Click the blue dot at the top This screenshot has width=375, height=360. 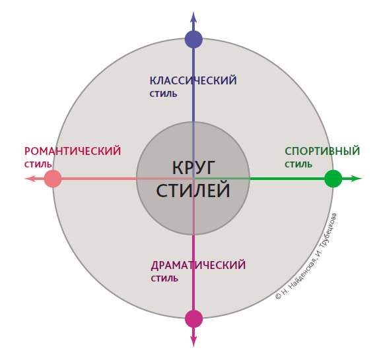click(193, 40)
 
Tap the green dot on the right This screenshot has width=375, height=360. click(333, 179)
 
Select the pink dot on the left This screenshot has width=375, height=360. click(53, 179)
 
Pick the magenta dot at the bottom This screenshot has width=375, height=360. click(193, 319)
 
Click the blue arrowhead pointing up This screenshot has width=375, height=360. click(193, 17)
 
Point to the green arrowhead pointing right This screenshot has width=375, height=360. click(357, 179)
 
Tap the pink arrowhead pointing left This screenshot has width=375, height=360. click(30, 179)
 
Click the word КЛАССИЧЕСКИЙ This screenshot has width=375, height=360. click(193, 80)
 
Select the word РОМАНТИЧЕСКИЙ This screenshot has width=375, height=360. click(73, 151)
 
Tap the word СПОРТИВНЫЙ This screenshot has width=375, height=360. click(322, 151)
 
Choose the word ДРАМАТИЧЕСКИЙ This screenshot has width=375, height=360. click(198, 266)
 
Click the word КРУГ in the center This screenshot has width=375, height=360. click(193, 167)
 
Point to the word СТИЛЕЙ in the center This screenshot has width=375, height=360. click(193, 191)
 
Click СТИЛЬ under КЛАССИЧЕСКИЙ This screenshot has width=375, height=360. click(163, 94)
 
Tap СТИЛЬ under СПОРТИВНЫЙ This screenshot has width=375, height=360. click(298, 165)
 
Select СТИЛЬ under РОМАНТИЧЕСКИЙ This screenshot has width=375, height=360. click(38, 165)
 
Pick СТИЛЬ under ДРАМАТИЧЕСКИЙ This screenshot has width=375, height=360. click(164, 279)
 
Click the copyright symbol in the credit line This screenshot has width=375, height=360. click(278, 297)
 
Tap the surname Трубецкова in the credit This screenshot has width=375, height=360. click(328, 231)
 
